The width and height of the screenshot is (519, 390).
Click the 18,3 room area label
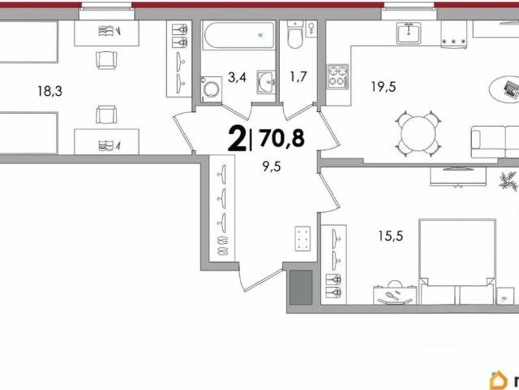tap(50, 91)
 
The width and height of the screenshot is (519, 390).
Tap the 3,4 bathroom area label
tap(237, 78)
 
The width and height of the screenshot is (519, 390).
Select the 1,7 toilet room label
tap(298, 77)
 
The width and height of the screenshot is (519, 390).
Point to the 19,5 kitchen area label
tap(384, 87)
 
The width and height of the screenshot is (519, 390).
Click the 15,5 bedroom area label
tap(391, 236)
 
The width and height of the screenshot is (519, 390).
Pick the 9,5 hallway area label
tap(272, 167)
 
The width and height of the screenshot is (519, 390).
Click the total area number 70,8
tap(282, 138)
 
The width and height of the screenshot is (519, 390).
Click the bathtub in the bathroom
tap(238, 35)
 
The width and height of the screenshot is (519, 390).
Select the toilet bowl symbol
tap(294, 34)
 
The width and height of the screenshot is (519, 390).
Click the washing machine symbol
tap(211, 89)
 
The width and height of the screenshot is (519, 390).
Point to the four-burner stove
tap(338, 76)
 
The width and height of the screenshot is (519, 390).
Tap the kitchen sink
tap(409, 32)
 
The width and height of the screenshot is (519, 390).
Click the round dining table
tap(418, 134)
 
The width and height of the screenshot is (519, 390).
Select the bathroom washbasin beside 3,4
tap(266, 82)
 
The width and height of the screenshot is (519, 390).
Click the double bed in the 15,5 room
tap(457, 262)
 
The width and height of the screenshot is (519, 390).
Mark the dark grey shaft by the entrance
tap(301, 288)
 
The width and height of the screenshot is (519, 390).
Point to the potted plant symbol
tap(508, 181)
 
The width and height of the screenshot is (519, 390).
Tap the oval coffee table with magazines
tap(504, 89)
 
